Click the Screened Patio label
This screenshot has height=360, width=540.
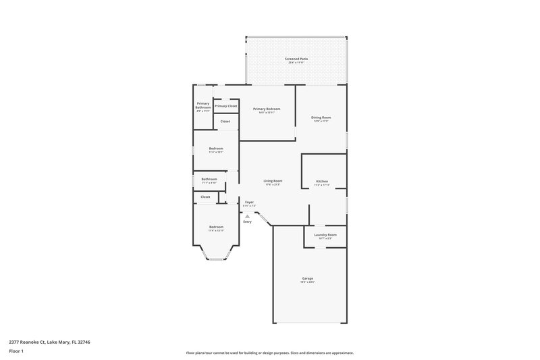pyautogui.click(x=296, y=59)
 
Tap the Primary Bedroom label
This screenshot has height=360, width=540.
pyautogui.click(x=267, y=109)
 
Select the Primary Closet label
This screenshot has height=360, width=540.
pyautogui.click(x=226, y=106)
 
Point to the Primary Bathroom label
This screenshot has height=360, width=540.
pyautogui.click(x=203, y=105)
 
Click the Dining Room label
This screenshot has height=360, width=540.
pyautogui.click(x=321, y=118)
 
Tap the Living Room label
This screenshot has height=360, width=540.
pyautogui.click(x=273, y=182)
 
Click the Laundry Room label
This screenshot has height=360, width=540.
pyautogui.click(x=325, y=235)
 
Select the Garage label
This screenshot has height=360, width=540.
pyautogui.click(x=307, y=279)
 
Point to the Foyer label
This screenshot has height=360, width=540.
pyautogui.click(x=249, y=203)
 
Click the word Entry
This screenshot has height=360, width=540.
pyautogui.click(x=247, y=222)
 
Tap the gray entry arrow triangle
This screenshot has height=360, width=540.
pyautogui.click(x=247, y=215)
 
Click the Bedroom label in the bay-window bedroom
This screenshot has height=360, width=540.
pyautogui.click(x=216, y=228)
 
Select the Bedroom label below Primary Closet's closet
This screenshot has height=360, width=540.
pyautogui.click(x=216, y=149)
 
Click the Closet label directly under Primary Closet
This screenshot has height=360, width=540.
pyautogui.click(x=225, y=122)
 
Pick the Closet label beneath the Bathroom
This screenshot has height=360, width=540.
pyautogui.click(x=205, y=197)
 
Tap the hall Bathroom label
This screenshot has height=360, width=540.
pyautogui.click(x=209, y=180)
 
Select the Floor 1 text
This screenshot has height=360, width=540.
pyautogui.click(x=17, y=352)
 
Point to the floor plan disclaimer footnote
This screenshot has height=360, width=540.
pyautogui.click(x=270, y=353)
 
